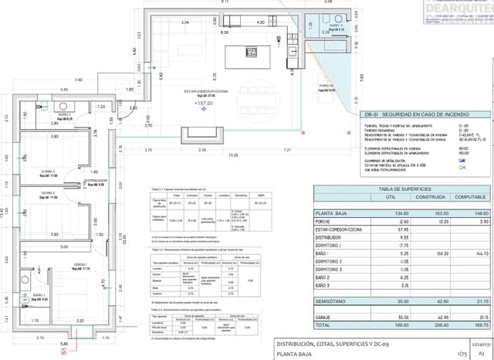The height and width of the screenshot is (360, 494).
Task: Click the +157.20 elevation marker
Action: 205,102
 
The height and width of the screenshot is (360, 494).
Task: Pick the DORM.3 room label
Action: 48,172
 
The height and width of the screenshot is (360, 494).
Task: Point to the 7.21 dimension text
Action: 287,148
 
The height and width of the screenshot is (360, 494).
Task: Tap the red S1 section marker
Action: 63,350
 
